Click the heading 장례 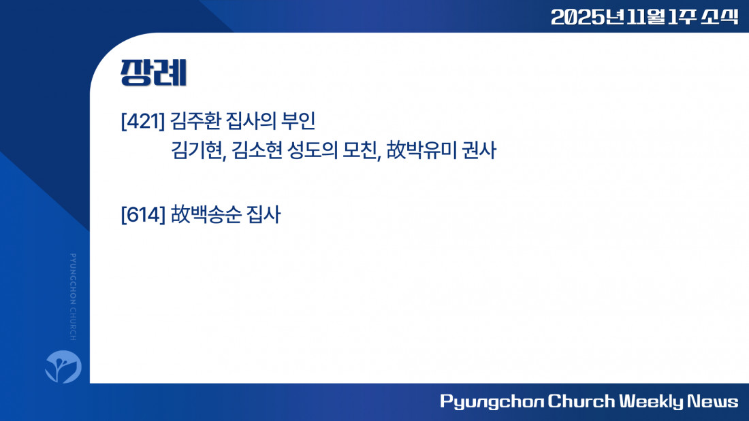(153, 73)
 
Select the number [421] (143, 121)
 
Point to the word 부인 (298, 121)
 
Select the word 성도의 (313, 150)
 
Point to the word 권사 (479, 150)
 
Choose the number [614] (143, 214)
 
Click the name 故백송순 (206, 214)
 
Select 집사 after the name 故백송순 (264, 214)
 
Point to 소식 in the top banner (720, 17)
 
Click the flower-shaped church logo (63, 367)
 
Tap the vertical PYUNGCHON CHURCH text (73, 297)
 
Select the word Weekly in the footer (651, 401)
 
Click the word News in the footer (713, 401)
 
